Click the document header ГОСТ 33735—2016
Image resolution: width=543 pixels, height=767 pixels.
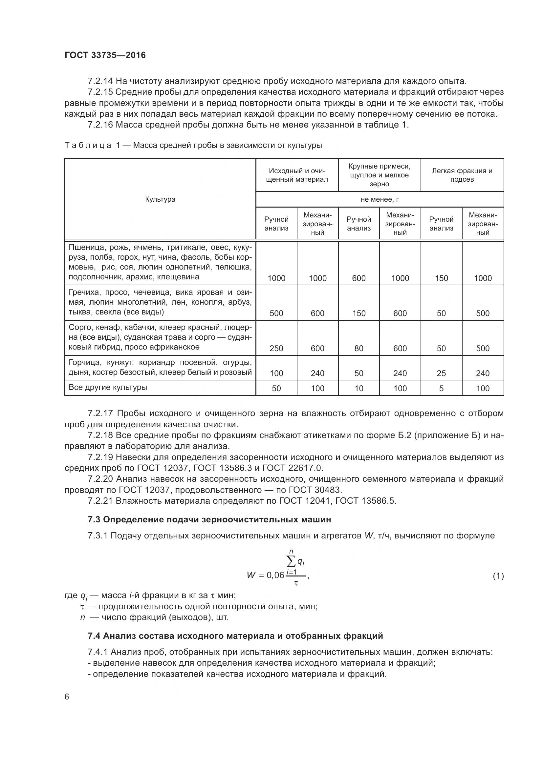105,55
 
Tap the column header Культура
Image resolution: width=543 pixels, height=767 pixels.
160,199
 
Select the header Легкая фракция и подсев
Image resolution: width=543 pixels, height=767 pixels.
462,175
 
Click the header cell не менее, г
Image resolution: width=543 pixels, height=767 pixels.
380,199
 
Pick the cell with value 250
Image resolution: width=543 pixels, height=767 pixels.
276,349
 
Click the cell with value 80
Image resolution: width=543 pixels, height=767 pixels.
358,349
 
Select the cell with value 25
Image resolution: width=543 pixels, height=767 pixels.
441,373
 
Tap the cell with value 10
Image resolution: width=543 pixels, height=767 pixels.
358,388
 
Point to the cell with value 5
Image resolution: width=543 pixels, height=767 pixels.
441,388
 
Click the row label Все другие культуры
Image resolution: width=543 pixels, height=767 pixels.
108,388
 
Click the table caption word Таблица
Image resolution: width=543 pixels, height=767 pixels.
88,145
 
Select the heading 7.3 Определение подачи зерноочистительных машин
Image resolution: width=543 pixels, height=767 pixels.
209,519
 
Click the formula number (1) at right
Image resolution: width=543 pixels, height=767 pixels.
498,576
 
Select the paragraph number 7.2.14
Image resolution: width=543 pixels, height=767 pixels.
100,81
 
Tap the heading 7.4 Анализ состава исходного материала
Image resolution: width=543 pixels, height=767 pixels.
235,636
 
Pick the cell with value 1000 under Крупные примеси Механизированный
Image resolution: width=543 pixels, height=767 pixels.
400,278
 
